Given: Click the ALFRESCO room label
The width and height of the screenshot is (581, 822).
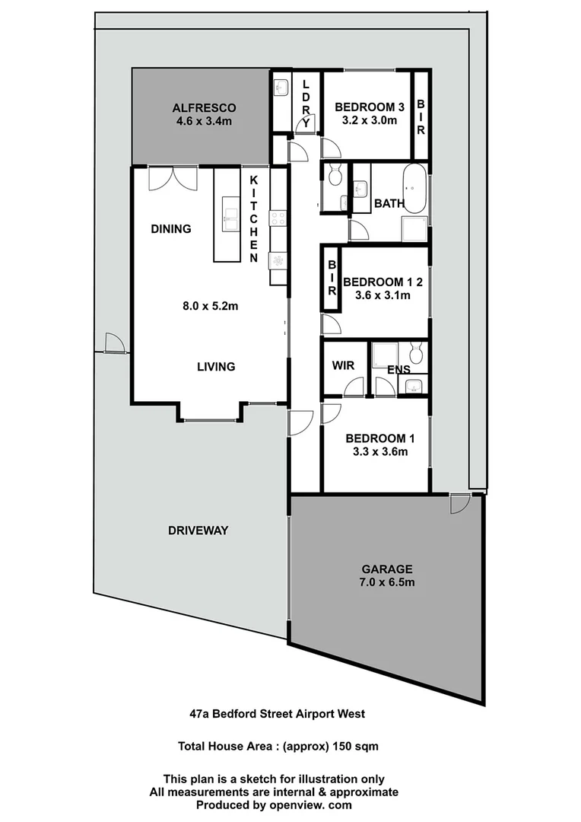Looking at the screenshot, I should coord(205,107).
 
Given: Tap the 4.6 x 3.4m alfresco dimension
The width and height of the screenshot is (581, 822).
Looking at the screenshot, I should coord(205,120).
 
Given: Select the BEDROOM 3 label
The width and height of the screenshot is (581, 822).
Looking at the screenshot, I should coord(364,107).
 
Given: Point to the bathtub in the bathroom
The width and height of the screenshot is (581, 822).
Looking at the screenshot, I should coord(414,188).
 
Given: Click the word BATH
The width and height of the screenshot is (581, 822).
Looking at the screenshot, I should coord(389,204).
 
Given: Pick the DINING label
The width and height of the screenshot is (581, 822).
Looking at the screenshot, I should coord(170,229).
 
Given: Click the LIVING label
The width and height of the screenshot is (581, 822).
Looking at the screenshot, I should coord(216,367).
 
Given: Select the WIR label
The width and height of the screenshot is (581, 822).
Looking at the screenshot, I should coord(343,365).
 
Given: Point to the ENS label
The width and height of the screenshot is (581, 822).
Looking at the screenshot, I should coord(398,370).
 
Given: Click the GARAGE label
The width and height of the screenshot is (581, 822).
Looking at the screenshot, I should coord(387,569).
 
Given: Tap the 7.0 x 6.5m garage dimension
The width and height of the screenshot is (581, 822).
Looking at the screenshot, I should coord(387,583).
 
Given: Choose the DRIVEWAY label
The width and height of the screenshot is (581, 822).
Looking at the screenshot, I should coord(198,530).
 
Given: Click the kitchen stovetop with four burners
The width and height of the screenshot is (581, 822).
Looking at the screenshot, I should coord(278,219).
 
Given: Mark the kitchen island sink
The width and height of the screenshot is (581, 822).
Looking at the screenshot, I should coord(229,213).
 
